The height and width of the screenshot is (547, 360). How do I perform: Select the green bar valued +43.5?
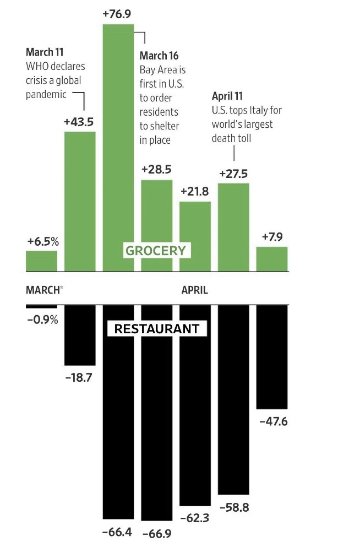80,202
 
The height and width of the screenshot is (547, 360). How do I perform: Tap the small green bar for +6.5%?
41,261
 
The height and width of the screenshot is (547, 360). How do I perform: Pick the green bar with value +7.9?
272,259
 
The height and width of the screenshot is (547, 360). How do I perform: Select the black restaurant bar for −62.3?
195,405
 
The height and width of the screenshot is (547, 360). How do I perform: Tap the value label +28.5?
156,169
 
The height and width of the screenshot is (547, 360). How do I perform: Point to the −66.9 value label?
156,534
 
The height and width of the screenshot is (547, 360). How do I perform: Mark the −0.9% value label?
42,319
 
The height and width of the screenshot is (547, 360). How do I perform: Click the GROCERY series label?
156,251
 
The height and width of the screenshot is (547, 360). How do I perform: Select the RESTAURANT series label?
156,329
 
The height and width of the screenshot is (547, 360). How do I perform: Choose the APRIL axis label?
195,290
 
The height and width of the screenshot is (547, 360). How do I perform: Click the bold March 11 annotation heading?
45,53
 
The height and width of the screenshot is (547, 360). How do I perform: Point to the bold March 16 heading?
159,56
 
